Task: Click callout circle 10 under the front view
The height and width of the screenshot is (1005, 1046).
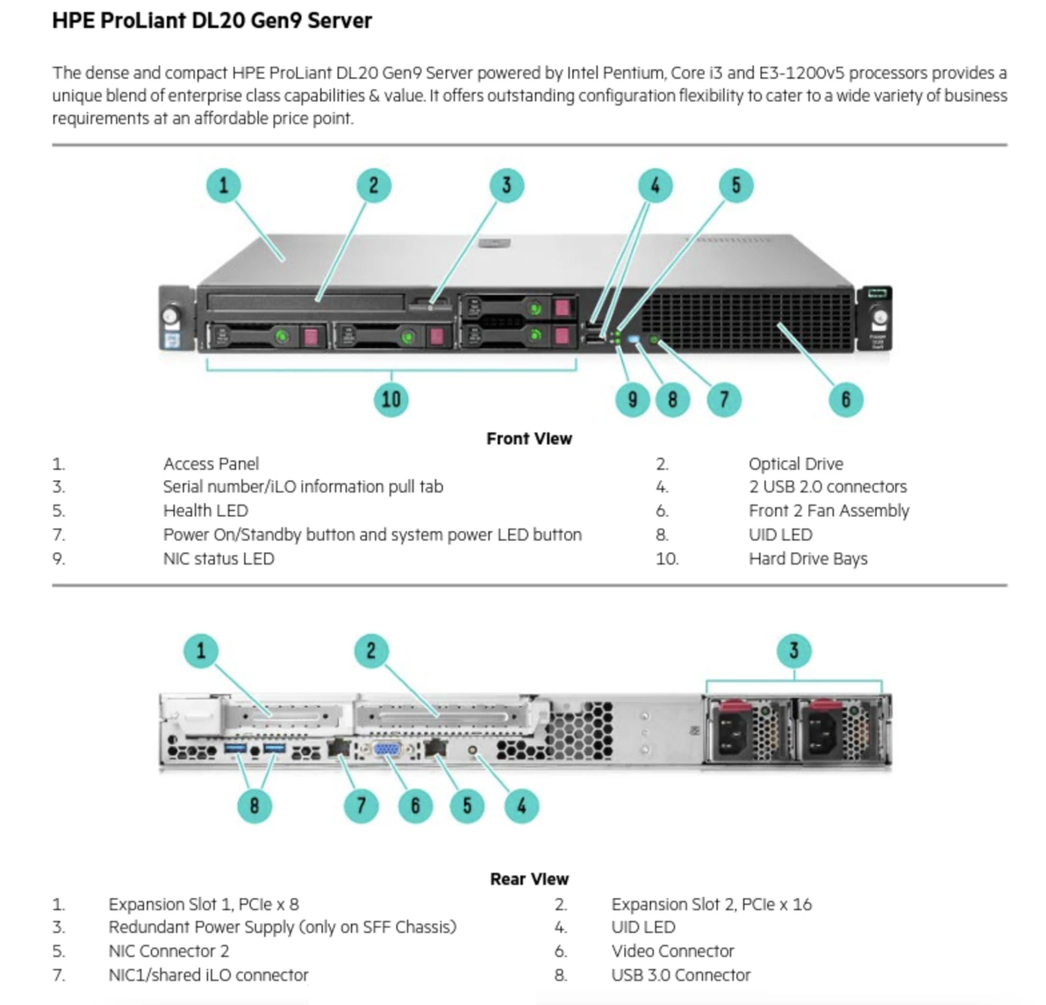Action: (391, 399)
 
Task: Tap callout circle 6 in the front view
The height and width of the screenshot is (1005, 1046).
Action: (846, 399)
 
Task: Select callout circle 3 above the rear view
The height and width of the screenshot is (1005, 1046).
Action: (794, 650)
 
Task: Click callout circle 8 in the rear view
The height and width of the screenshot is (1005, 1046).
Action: (254, 806)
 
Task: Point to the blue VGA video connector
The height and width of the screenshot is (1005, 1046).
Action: (387, 750)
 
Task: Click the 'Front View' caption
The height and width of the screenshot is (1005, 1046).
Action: (529, 438)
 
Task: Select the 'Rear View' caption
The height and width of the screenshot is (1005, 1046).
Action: (529, 879)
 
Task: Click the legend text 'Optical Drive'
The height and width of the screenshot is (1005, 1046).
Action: (795, 463)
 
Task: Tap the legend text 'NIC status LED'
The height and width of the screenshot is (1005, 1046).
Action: (219, 558)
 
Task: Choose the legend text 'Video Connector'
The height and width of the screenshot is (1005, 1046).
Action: (672, 951)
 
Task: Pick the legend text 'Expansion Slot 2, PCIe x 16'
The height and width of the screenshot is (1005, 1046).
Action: (711, 903)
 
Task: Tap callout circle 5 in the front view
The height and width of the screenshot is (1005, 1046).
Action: (735, 185)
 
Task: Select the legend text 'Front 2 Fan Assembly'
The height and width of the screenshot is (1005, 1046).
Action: (828, 510)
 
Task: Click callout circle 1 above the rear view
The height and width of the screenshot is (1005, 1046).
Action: (201, 650)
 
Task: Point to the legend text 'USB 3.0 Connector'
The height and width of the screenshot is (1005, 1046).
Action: (681, 974)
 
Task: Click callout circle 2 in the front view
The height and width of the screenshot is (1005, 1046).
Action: (374, 185)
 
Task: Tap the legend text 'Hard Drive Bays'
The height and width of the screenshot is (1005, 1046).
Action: (807, 558)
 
